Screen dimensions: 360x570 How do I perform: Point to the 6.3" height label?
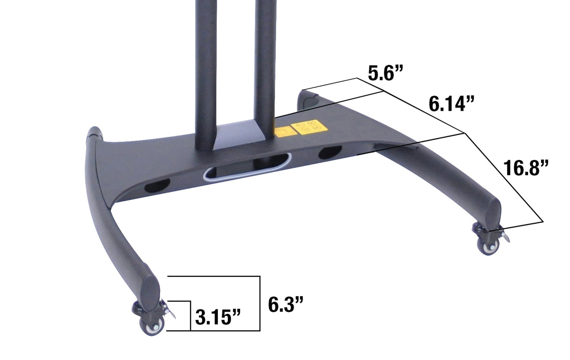click(286, 304)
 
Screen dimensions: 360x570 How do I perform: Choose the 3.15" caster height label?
click(218, 317)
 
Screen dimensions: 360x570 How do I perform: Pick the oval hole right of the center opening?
click(330, 152)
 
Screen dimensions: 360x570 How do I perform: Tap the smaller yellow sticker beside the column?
click(282, 132)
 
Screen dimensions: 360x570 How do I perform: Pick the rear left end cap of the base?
click(95, 132)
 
